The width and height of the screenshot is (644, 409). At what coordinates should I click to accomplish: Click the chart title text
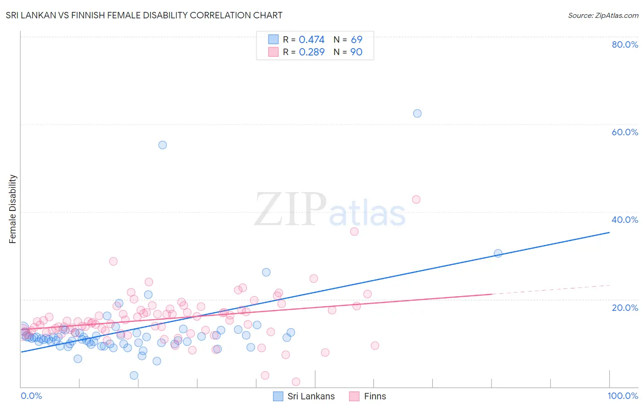click(144, 15)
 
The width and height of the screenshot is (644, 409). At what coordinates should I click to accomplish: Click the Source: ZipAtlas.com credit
click(603, 15)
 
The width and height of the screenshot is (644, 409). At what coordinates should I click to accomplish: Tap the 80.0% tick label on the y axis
click(625, 44)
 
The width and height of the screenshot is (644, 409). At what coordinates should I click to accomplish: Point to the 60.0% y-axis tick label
click(625, 132)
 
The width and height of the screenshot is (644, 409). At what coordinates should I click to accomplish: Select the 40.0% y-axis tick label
click(625, 220)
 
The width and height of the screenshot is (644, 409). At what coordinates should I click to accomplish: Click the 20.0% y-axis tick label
click(625, 307)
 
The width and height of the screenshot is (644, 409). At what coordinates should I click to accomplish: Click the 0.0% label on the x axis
click(31, 396)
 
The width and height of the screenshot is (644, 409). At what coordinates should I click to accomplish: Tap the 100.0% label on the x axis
click(622, 396)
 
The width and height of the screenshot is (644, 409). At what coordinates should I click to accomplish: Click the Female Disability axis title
click(13, 209)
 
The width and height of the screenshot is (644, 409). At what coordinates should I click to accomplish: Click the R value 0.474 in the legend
click(311, 40)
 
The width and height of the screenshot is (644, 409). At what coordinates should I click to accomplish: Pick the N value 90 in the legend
click(356, 52)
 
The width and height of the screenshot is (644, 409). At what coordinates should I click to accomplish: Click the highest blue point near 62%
click(417, 113)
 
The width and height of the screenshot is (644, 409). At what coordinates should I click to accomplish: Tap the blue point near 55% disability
click(163, 145)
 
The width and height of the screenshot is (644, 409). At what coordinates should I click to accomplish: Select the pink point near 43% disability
click(416, 199)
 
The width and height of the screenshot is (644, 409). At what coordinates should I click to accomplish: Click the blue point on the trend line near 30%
click(498, 253)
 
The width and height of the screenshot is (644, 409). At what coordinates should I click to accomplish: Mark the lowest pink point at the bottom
click(296, 381)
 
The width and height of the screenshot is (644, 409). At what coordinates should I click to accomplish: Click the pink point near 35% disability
click(354, 232)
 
